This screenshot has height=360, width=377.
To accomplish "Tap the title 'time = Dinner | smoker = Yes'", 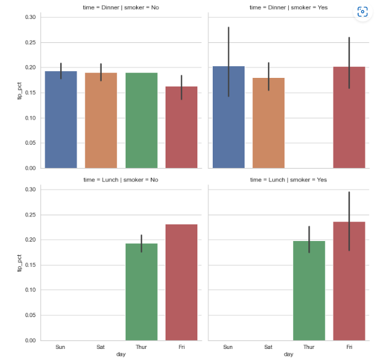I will click(288, 7).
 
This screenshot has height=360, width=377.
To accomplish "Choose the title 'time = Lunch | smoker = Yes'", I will click(288, 180).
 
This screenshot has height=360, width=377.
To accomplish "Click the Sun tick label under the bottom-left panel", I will click(60, 347).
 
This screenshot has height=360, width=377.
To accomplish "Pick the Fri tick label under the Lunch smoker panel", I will click(349, 347).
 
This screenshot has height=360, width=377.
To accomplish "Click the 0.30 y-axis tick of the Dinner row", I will click(30, 17).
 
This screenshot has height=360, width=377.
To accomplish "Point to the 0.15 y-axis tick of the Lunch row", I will click(30, 265).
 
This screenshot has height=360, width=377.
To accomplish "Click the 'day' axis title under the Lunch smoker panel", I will click(288, 354).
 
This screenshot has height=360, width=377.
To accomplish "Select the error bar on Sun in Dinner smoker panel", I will click(228, 61).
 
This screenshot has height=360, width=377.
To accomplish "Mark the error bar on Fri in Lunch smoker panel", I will click(349, 221).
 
